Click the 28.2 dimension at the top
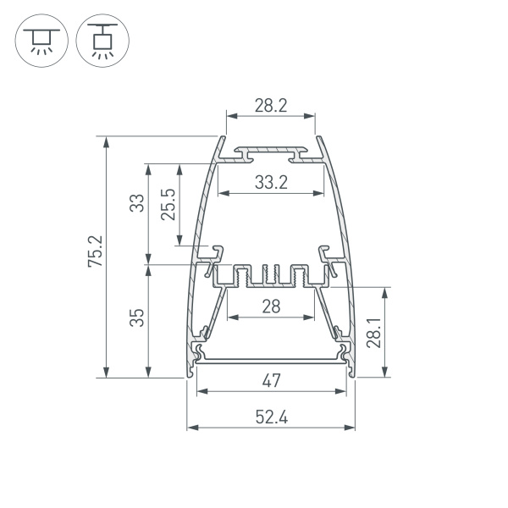coord(271,106)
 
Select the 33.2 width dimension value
coord(271,181)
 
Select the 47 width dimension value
coord(271,381)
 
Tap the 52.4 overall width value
coord(271,416)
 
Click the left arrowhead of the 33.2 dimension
coord(222,194)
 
